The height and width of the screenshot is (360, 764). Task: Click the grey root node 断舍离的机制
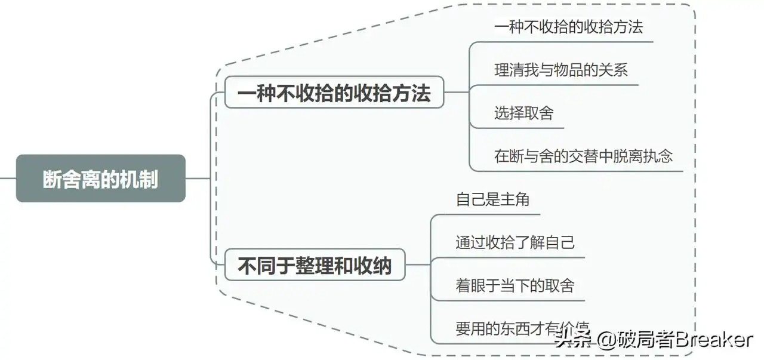(100, 179)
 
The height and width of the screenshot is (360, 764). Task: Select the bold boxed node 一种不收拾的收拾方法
(334, 93)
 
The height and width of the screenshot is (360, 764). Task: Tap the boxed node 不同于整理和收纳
(315, 265)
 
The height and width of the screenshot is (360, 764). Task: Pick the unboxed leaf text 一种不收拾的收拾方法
(568, 27)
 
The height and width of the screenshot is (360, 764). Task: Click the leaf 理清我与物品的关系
(561, 70)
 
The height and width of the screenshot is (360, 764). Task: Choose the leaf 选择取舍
(523, 113)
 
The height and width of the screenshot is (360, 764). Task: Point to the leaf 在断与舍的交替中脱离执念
(583, 156)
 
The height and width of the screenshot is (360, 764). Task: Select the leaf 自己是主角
(492, 199)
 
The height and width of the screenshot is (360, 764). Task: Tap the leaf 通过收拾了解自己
(515, 242)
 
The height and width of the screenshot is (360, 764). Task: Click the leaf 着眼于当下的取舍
(515, 285)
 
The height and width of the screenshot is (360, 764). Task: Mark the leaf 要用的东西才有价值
(515, 328)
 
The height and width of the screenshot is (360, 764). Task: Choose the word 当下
(515, 285)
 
